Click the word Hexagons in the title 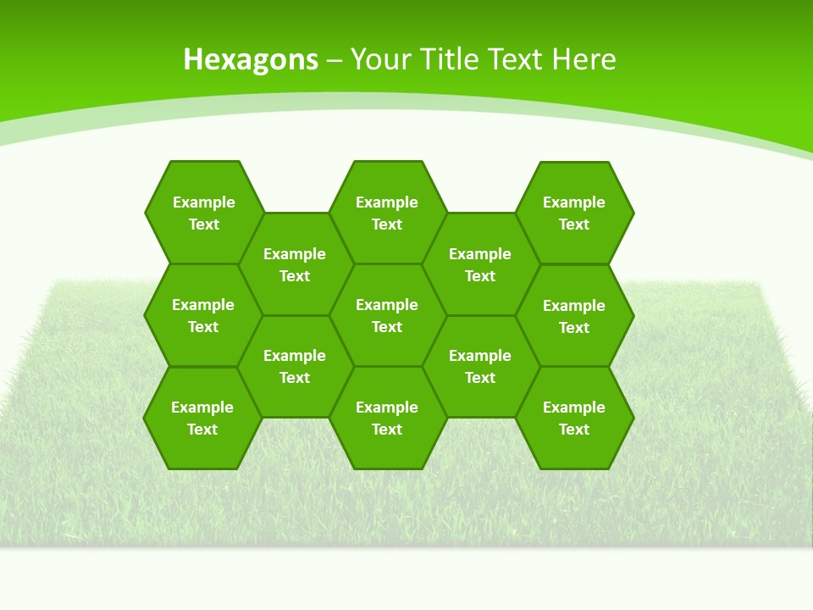pyautogui.click(x=251, y=59)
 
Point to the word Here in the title pyautogui.click(x=583, y=59)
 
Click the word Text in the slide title pyautogui.click(x=517, y=59)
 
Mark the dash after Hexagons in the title pyautogui.click(x=335, y=60)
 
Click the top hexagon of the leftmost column pyautogui.click(x=203, y=212)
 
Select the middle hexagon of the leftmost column pyautogui.click(x=203, y=315)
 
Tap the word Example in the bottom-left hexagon pyautogui.click(x=202, y=408)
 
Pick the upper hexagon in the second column pyautogui.click(x=295, y=263)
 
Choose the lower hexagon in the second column pyautogui.click(x=295, y=366)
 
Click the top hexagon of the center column pyautogui.click(x=387, y=212)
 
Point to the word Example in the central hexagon pyautogui.click(x=387, y=305)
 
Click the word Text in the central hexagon pyautogui.click(x=387, y=327)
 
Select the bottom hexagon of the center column pyautogui.click(x=387, y=418)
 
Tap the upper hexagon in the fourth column pyautogui.click(x=480, y=263)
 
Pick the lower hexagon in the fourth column pyautogui.click(x=480, y=366)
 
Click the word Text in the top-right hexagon pyautogui.click(x=574, y=225)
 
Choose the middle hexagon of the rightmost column pyautogui.click(x=574, y=316)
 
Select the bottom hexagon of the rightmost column pyautogui.click(x=574, y=418)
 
